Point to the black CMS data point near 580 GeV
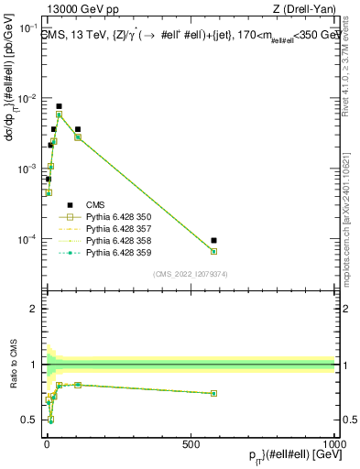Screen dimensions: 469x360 click(x=213, y=241)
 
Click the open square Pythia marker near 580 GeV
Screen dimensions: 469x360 click(x=213, y=251)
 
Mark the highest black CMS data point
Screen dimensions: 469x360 click(x=59, y=106)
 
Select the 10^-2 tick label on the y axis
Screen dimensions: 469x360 click(x=28, y=98)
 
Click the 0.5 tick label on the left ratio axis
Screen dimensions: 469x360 click(x=29, y=420)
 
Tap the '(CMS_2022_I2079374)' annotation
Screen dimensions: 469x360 click(x=190, y=273)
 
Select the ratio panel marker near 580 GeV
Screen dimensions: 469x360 click(x=213, y=393)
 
